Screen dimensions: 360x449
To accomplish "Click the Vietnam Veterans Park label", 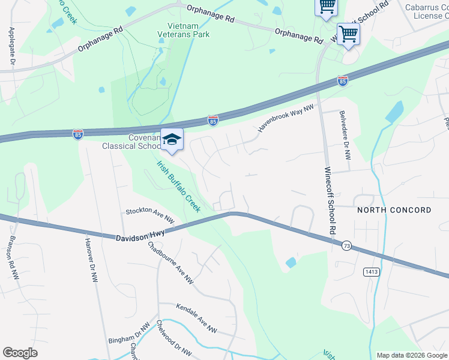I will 188,30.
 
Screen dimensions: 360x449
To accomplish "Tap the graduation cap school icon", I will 172,140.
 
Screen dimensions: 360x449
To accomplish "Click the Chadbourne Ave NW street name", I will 170,263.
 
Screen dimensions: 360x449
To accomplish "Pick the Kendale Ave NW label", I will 196,318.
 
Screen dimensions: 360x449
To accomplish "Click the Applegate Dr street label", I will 11,46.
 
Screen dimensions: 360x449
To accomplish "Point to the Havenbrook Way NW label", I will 286,119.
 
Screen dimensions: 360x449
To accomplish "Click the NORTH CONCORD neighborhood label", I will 394,210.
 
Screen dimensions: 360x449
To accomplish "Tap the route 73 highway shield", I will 346,246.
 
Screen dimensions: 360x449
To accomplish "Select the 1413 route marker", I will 372,272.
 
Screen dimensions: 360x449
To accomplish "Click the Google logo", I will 20,353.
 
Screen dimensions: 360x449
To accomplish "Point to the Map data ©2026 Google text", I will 411,355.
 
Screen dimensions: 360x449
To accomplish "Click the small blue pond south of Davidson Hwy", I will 291,263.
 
